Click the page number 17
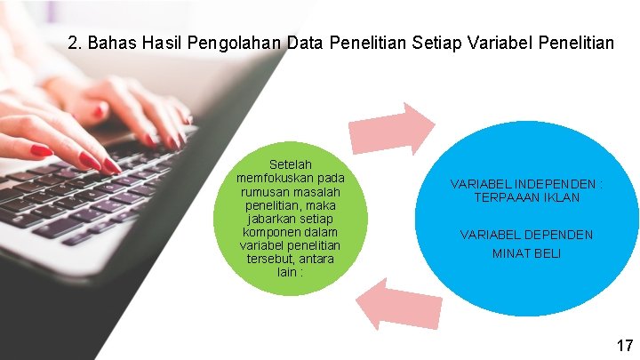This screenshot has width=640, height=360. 624,345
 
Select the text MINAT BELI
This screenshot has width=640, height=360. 525,253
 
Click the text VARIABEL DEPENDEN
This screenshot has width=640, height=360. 526,235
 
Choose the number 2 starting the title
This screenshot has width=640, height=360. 73,42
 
